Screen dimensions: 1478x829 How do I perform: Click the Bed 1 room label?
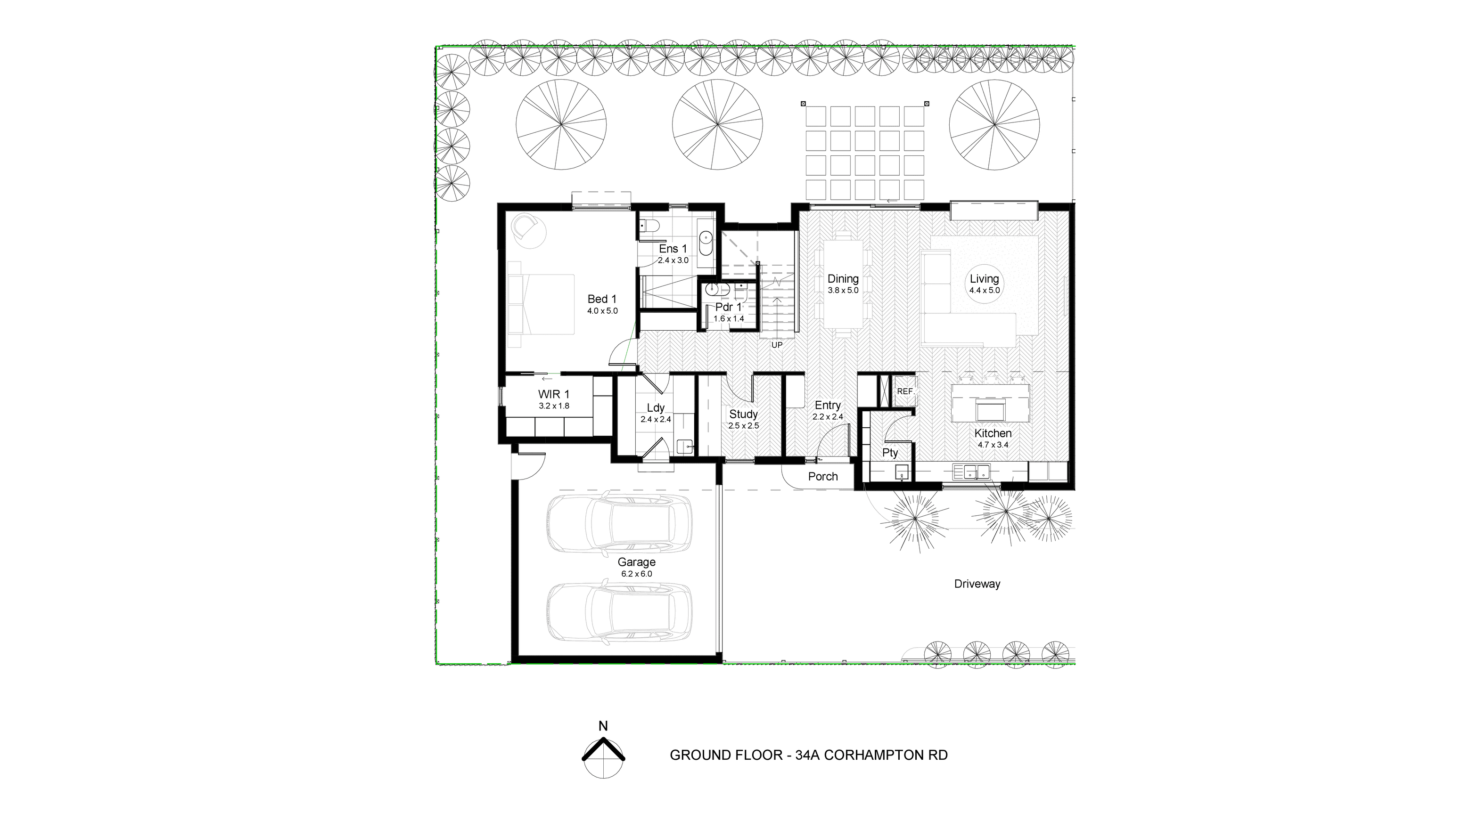click(602, 299)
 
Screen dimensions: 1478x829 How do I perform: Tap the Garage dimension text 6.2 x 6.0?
click(636, 574)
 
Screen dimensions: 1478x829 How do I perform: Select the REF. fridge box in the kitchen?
click(905, 391)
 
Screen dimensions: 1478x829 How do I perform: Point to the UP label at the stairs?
click(777, 345)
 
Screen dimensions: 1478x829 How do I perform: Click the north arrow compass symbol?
click(604, 757)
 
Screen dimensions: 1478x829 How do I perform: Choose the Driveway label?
click(977, 584)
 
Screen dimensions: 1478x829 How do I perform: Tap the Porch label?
click(823, 476)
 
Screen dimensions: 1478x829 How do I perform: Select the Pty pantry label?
click(890, 453)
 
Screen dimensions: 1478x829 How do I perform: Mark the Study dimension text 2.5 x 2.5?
click(744, 426)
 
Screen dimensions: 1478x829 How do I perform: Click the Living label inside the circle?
click(985, 279)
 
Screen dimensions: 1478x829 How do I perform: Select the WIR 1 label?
click(554, 394)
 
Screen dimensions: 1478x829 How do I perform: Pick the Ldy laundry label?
click(656, 408)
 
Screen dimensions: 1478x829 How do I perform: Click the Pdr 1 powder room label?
click(729, 307)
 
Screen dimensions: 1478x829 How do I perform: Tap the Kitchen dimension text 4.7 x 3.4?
click(993, 445)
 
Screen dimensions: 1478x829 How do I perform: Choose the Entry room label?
click(828, 406)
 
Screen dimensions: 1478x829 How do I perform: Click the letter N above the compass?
click(603, 726)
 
